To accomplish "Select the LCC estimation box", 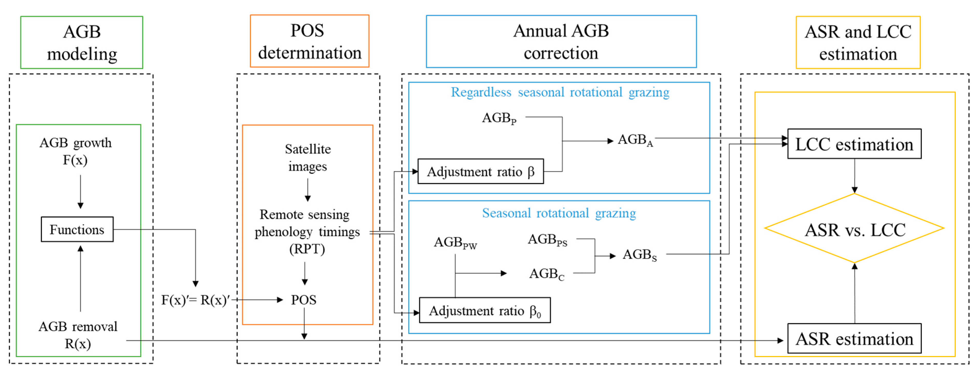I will [854, 144].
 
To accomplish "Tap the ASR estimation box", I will [854, 339].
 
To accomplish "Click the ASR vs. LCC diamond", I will [854, 229].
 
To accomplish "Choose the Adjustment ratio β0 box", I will [484, 310].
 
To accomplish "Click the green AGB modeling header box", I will [82, 42].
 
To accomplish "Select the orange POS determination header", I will [309, 41].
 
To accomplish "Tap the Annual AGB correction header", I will [561, 41].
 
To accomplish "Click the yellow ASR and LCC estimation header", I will [858, 42].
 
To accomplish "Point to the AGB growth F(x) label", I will [75, 151].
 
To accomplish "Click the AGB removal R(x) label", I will [78, 335].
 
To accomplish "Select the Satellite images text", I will [308, 157].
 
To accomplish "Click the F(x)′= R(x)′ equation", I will [195, 300].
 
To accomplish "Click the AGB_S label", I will [640, 255].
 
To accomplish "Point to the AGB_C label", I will [547, 274].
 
